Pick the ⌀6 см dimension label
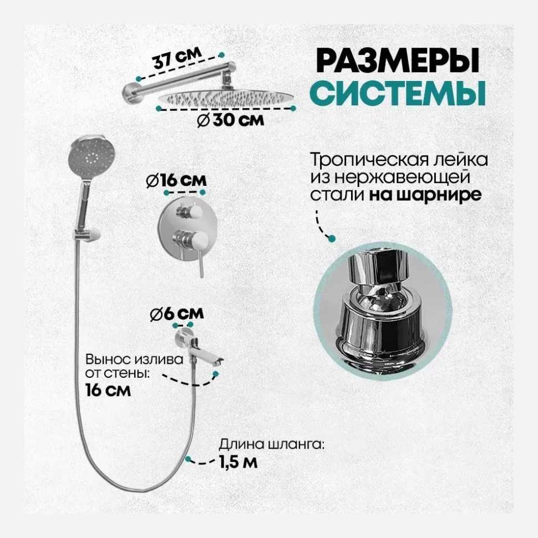coord(176,313)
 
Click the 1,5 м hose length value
coord(238,462)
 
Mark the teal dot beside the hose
coord(189,459)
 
